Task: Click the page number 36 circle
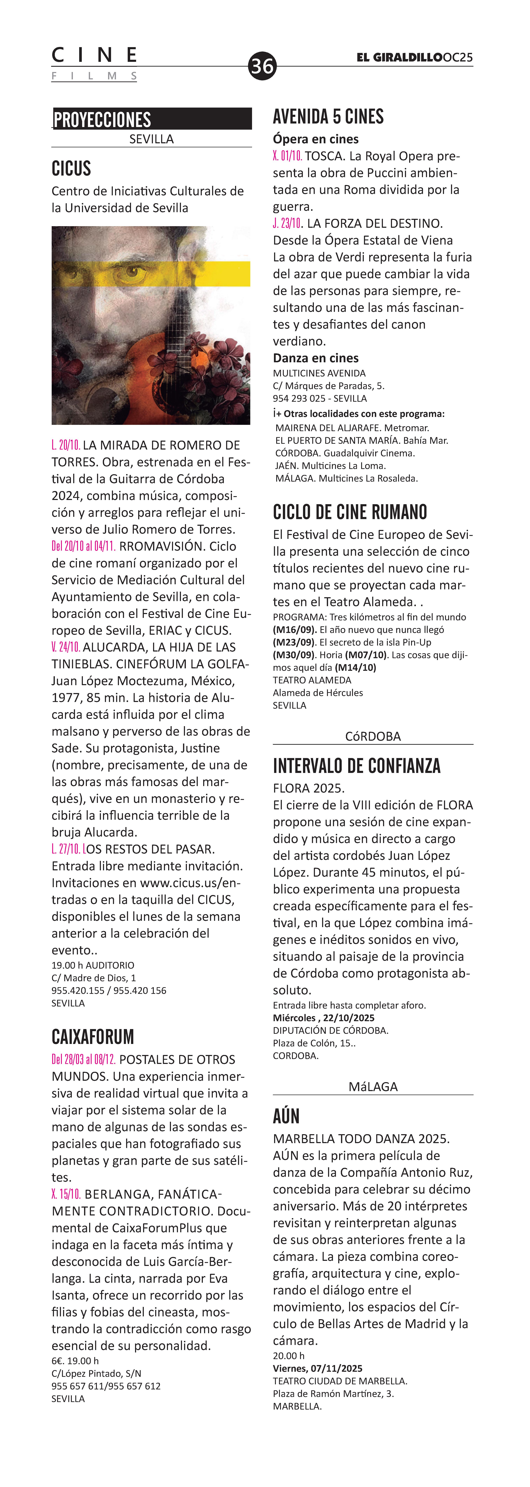tap(262, 66)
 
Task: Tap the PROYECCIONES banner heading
tap(102, 119)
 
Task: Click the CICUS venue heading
tap(72, 169)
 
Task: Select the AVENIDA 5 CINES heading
tap(328, 117)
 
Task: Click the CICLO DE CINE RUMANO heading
tap(350, 512)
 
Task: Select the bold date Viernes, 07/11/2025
tap(318, 1368)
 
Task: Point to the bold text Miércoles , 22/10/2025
tap(323, 1018)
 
